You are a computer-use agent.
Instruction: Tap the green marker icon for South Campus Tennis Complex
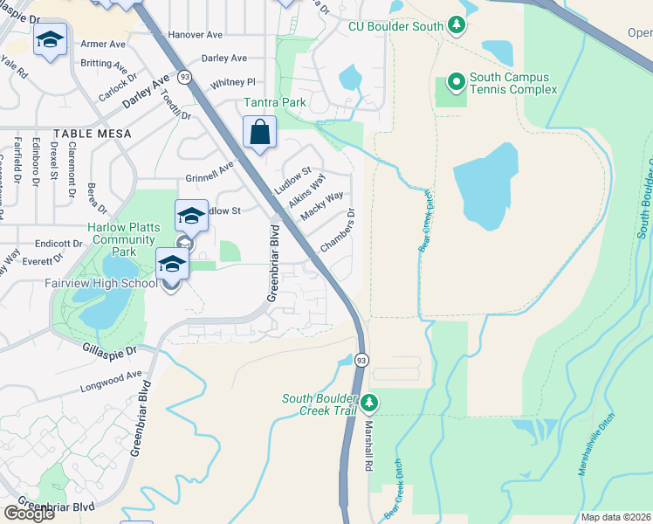tap(455, 83)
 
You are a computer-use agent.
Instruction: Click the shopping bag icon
tap(259, 134)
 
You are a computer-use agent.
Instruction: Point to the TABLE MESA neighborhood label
tap(92, 134)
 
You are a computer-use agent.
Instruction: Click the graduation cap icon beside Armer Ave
tap(51, 40)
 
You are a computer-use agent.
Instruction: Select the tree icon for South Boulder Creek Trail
tap(369, 403)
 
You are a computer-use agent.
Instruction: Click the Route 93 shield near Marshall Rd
tap(361, 360)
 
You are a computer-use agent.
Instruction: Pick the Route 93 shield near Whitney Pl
tap(184, 77)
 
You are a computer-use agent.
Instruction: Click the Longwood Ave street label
tap(111, 382)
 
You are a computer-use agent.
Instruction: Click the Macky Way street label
tap(321, 207)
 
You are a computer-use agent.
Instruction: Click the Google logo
tap(29, 514)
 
